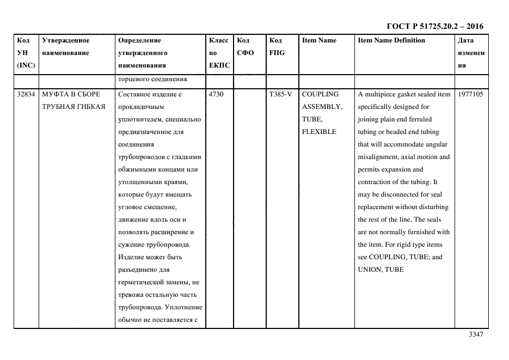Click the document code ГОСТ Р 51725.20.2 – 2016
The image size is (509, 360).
coord(434,26)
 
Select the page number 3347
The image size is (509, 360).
coord(475,334)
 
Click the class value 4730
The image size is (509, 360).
coord(217,94)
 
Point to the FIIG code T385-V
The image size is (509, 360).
coord(280,94)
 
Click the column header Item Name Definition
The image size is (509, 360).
coord(391,40)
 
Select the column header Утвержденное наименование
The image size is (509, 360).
coord(66,46)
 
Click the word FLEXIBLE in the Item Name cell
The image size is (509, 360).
coord(319,132)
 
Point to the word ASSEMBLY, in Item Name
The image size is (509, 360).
coord(322,107)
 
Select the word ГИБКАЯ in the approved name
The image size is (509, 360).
coord(90,107)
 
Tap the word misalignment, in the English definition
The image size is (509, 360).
coord(379,157)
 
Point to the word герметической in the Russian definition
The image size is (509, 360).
coord(141,282)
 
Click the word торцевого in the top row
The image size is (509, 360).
coord(134,80)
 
